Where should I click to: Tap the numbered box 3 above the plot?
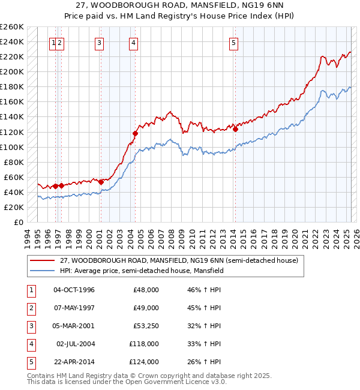(99, 43)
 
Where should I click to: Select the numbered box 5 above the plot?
(233, 43)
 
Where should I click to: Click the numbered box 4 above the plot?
(133, 43)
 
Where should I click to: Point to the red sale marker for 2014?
(236, 128)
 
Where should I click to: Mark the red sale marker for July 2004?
(136, 133)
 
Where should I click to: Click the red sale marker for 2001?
(101, 182)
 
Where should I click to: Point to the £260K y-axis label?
(12, 27)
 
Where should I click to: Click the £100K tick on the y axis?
(12, 147)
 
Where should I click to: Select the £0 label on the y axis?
(19, 222)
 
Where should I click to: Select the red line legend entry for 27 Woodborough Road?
(182, 260)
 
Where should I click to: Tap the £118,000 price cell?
(145, 344)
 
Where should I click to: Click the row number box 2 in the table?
(31, 308)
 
